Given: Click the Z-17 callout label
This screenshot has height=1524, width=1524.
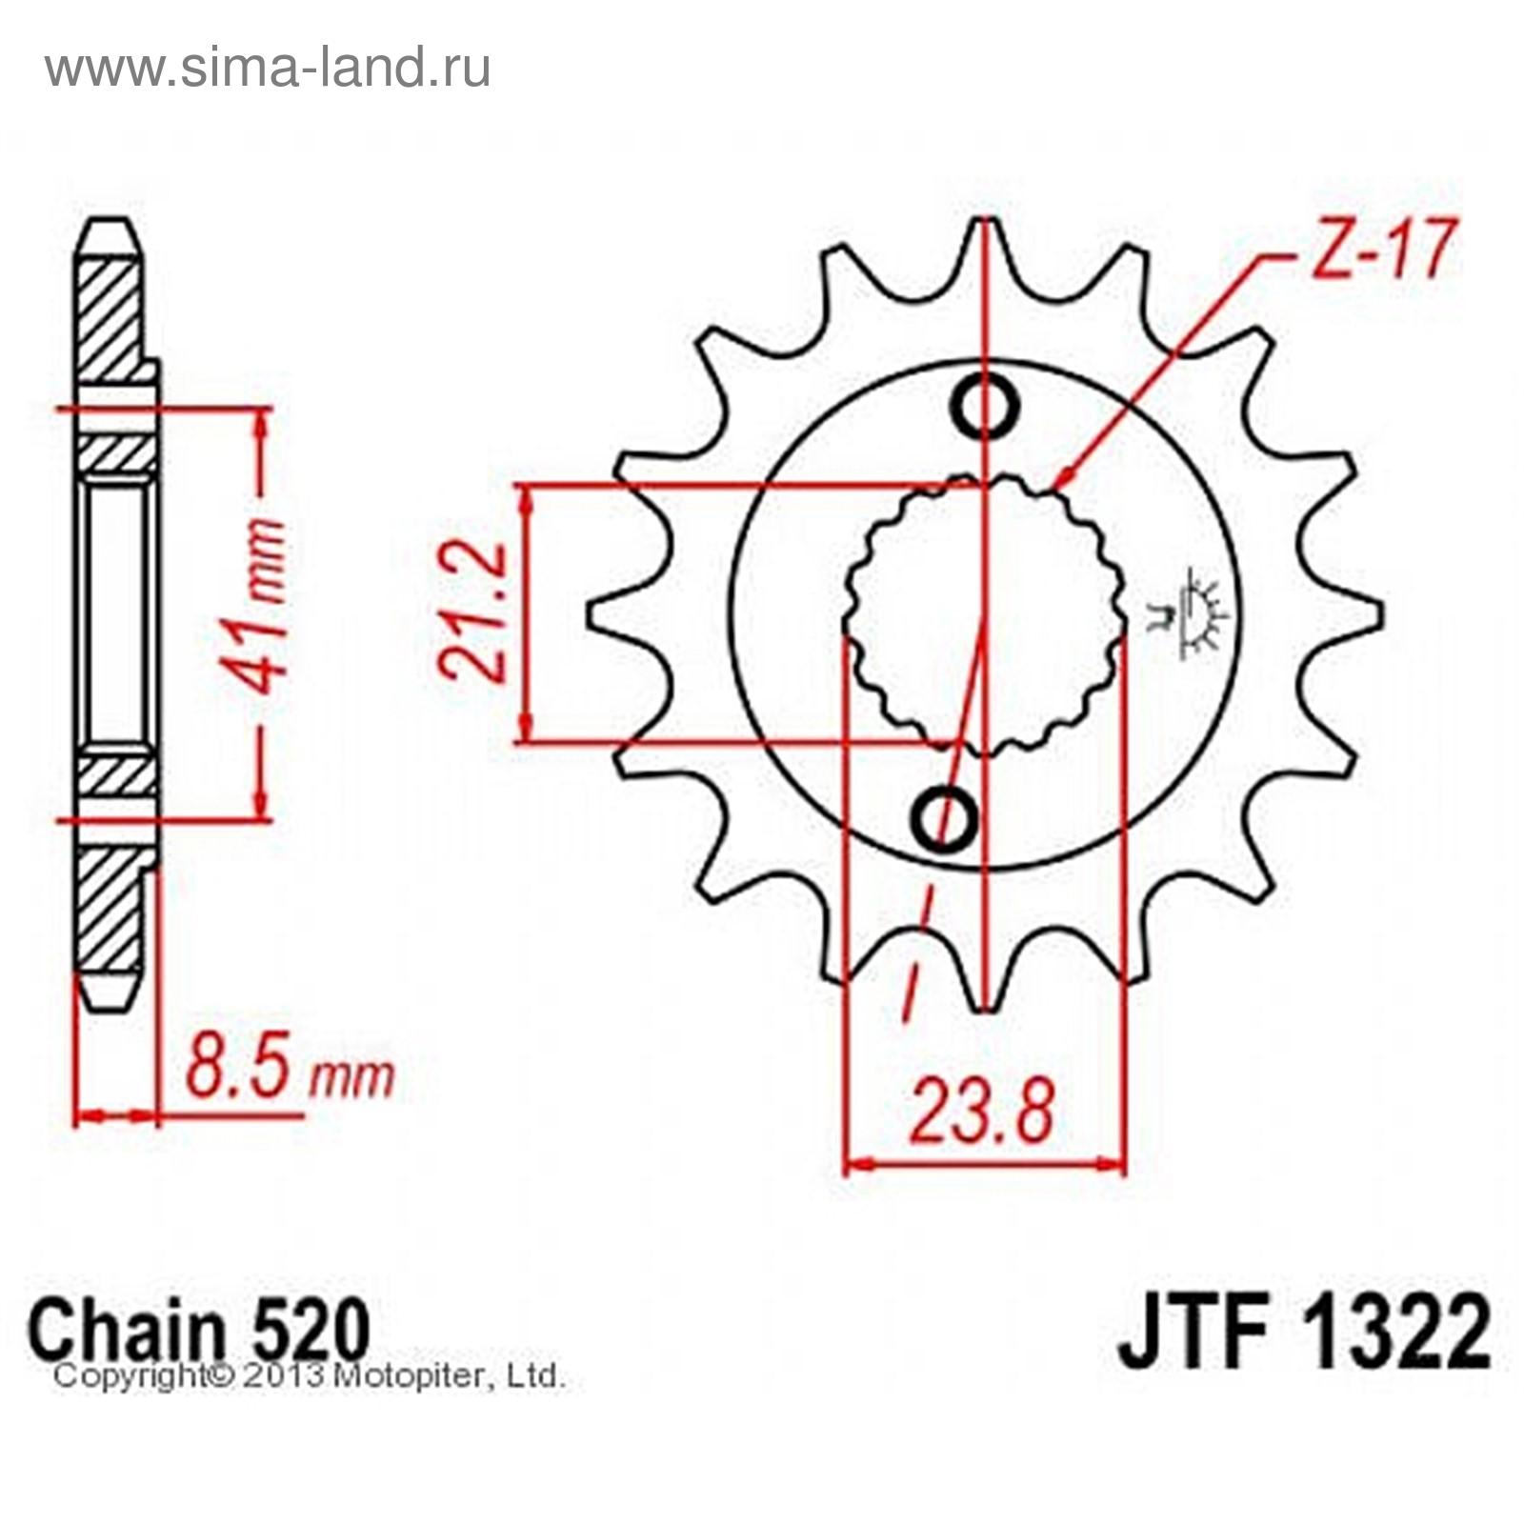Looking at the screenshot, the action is [1381, 250].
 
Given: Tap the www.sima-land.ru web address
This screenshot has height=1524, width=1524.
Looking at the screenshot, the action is [268, 68].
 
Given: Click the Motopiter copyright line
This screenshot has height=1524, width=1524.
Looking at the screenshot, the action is [311, 1376].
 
